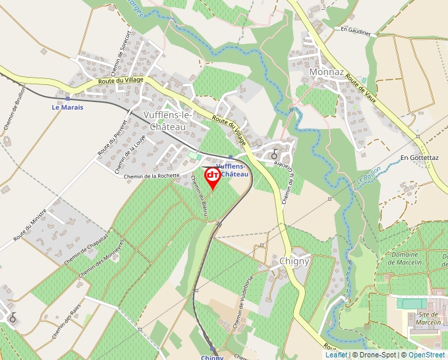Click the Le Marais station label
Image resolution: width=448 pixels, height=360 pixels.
point(68,107)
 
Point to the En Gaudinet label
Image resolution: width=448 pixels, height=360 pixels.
point(356,30)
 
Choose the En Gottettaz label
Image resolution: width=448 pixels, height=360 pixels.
point(419,158)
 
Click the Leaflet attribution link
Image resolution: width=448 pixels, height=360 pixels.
point(336,355)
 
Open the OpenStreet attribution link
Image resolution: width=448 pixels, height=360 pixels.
point(426,355)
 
